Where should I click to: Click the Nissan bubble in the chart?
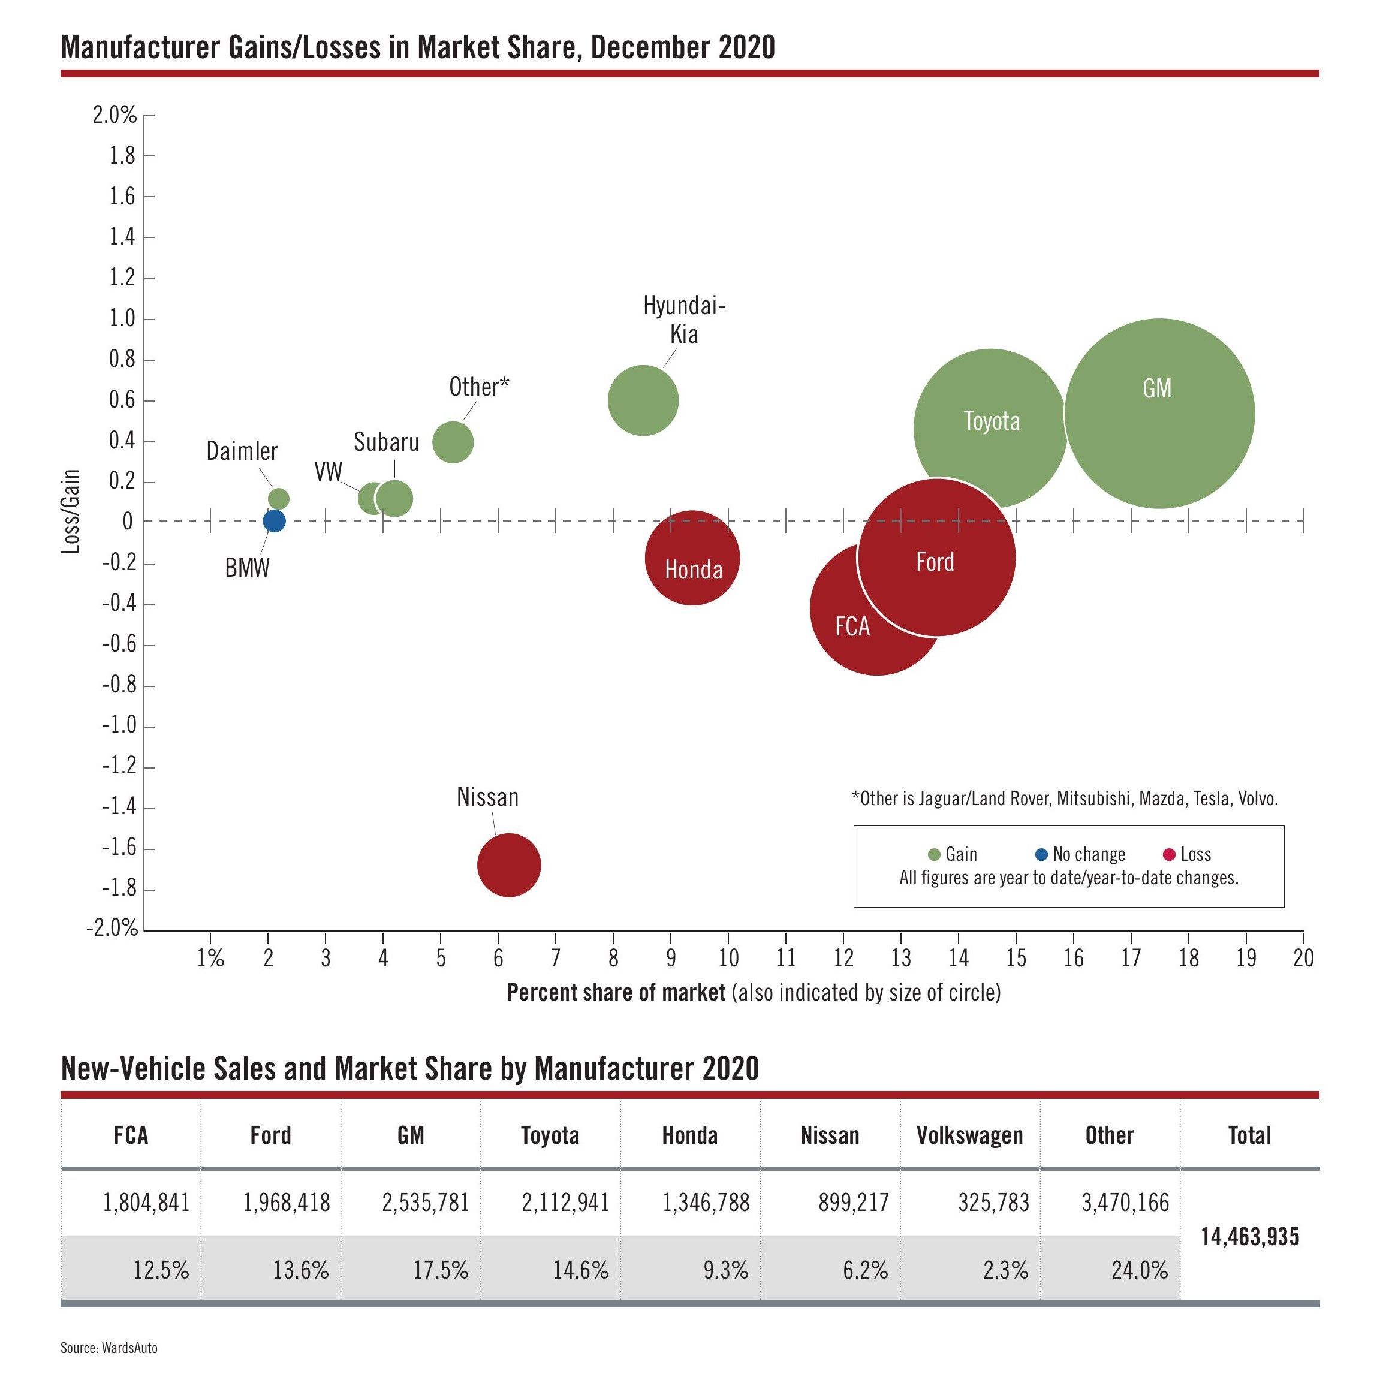(508, 864)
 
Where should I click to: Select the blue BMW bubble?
(274, 520)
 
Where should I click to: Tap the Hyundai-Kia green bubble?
(643, 400)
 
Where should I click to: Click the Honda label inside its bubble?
(693, 570)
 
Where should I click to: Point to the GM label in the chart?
(1157, 388)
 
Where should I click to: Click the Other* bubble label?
(479, 387)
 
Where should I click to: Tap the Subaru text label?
(387, 442)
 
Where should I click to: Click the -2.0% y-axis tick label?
(112, 929)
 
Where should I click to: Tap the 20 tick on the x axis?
(1303, 958)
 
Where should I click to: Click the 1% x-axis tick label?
(210, 958)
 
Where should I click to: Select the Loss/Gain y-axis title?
(71, 511)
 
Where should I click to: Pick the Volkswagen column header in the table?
(969, 1135)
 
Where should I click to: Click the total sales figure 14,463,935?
(1249, 1236)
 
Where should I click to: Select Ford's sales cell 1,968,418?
(287, 1203)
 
